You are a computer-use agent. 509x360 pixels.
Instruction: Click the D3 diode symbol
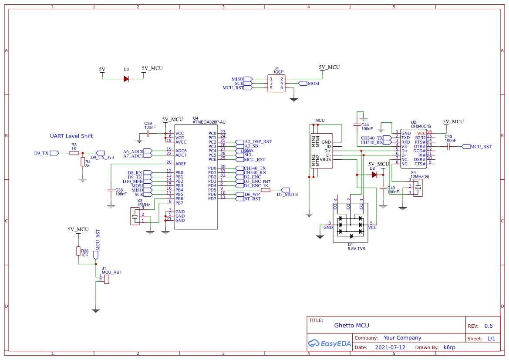126,79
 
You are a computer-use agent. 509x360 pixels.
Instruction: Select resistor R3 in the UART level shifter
74,153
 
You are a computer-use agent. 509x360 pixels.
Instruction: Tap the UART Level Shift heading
71,136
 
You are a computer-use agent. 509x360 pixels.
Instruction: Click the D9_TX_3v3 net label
102,158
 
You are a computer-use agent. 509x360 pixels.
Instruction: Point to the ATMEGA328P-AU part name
209,122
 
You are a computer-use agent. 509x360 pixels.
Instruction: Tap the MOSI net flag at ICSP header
313,83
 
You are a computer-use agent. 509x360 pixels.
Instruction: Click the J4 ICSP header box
276,83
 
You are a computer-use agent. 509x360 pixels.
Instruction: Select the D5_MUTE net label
287,195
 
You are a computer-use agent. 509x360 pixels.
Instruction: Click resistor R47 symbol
266,190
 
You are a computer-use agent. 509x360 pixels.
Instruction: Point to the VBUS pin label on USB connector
326,159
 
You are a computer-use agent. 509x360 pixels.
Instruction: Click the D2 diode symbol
374,175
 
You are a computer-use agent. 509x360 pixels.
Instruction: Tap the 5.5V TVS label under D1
356,249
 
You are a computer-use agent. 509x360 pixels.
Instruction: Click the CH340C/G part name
421,126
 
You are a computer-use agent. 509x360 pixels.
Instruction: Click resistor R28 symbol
78,251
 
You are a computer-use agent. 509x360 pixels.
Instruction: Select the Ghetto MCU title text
351,326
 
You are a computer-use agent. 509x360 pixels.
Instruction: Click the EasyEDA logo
329,343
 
